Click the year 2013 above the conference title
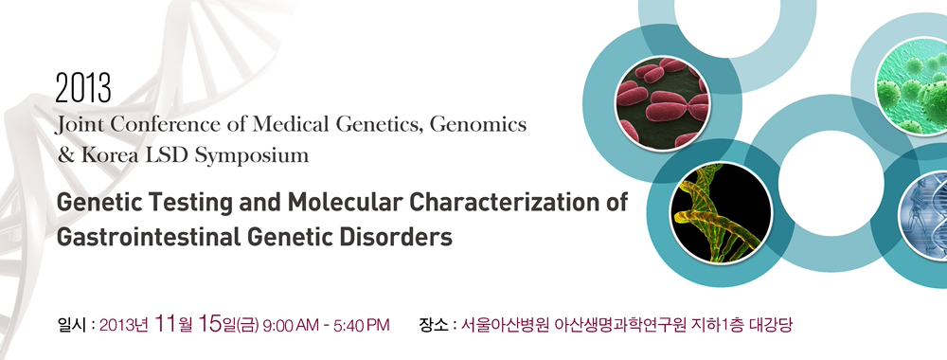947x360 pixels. pyautogui.click(x=83, y=89)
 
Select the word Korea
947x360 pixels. pyautogui.click(x=106, y=155)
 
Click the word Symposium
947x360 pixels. pyautogui.click(x=251, y=155)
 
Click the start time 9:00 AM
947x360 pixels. pyautogui.click(x=293, y=326)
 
